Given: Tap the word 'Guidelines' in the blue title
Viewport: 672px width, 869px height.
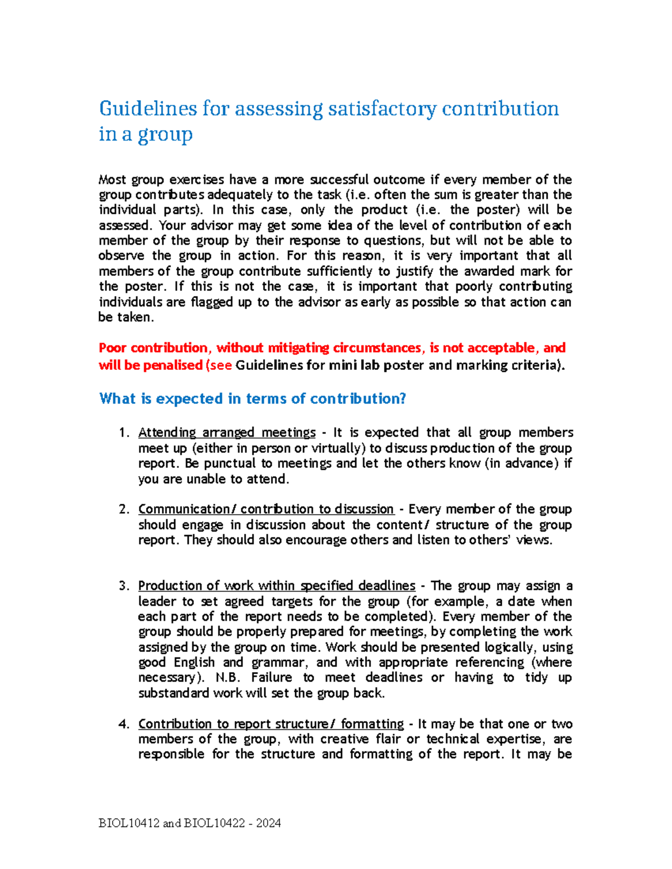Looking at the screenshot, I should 148,109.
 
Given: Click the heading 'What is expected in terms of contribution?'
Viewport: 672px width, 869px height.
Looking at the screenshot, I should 252,398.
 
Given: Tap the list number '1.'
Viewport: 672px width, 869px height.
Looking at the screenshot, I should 124,433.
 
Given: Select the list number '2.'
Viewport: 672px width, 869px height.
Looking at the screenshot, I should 124,509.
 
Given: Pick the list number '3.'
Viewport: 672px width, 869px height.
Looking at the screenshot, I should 124,586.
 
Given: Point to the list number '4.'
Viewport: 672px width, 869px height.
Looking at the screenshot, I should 124,724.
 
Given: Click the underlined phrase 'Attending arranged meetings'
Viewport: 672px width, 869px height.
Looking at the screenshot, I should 227,433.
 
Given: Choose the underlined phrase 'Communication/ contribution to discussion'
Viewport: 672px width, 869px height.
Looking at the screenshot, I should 266,509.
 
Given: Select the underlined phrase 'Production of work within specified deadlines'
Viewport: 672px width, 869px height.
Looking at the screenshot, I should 277,586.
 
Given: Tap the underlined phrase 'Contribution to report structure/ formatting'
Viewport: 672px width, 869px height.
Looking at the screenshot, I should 271,724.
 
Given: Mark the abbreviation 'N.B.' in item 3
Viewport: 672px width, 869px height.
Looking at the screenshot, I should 228,678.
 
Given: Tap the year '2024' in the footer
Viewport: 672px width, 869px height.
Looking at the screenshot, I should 269,823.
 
